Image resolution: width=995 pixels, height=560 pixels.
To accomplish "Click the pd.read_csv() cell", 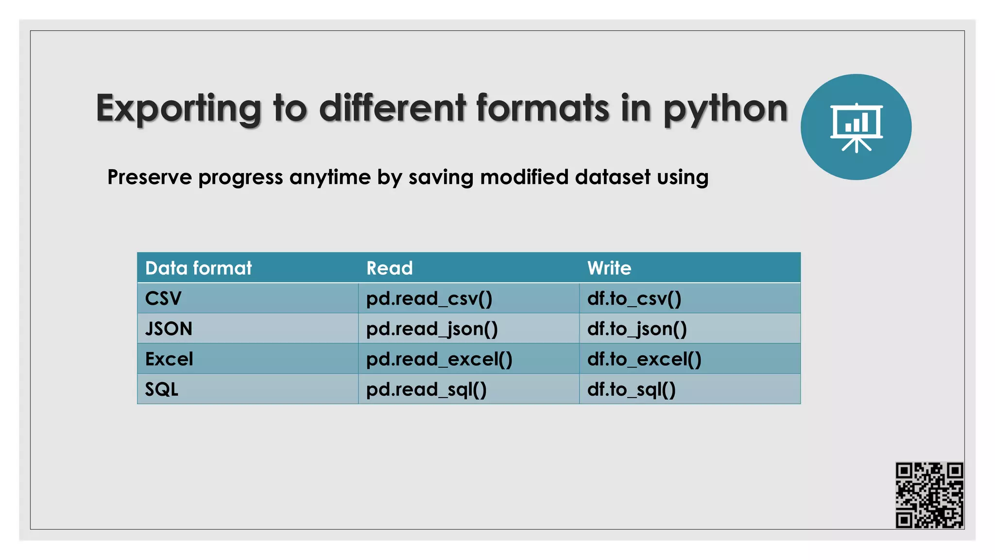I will pyautogui.click(x=429, y=298).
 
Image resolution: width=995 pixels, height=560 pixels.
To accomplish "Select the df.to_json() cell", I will pyautogui.click(x=637, y=329).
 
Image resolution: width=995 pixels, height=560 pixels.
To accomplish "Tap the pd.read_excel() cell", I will pyautogui.click(x=439, y=359).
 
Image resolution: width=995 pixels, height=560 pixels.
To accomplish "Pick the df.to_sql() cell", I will pyautogui.click(x=631, y=389).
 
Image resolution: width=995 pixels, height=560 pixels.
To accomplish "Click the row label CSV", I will pyautogui.click(x=163, y=298).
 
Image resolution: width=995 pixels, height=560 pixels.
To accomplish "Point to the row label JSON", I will pyautogui.click(x=169, y=329).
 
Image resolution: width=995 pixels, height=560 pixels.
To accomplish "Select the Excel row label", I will pyautogui.click(x=169, y=359).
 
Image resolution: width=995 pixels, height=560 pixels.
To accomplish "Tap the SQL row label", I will pyautogui.click(x=162, y=389).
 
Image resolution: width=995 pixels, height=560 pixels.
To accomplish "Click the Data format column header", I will pyautogui.click(x=198, y=268).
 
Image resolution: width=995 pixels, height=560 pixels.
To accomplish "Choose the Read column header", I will pyautogui.click(x=389, y=268).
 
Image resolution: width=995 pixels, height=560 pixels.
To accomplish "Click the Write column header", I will pyautogui.click(x=609, y=268).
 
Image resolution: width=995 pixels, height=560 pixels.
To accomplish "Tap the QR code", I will pyautogui.click(x=929, y=495).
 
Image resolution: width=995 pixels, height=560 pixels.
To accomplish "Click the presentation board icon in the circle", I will pyautogui.click(x=856, y=127).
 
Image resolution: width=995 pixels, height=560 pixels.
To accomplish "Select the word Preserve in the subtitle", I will pyautogui.click(x=149, y=177).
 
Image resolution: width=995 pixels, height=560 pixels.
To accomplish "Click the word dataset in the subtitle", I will pyautogui.click(x=613, y=177).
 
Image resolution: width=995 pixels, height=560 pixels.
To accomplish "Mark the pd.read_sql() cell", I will pyautogui.click(x=426, y=389).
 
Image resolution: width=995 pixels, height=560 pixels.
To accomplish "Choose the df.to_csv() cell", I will pyautogui.click(x=634, y=298).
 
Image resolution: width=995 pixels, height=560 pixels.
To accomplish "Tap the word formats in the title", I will pyautogui.click(x=542, y=108).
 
